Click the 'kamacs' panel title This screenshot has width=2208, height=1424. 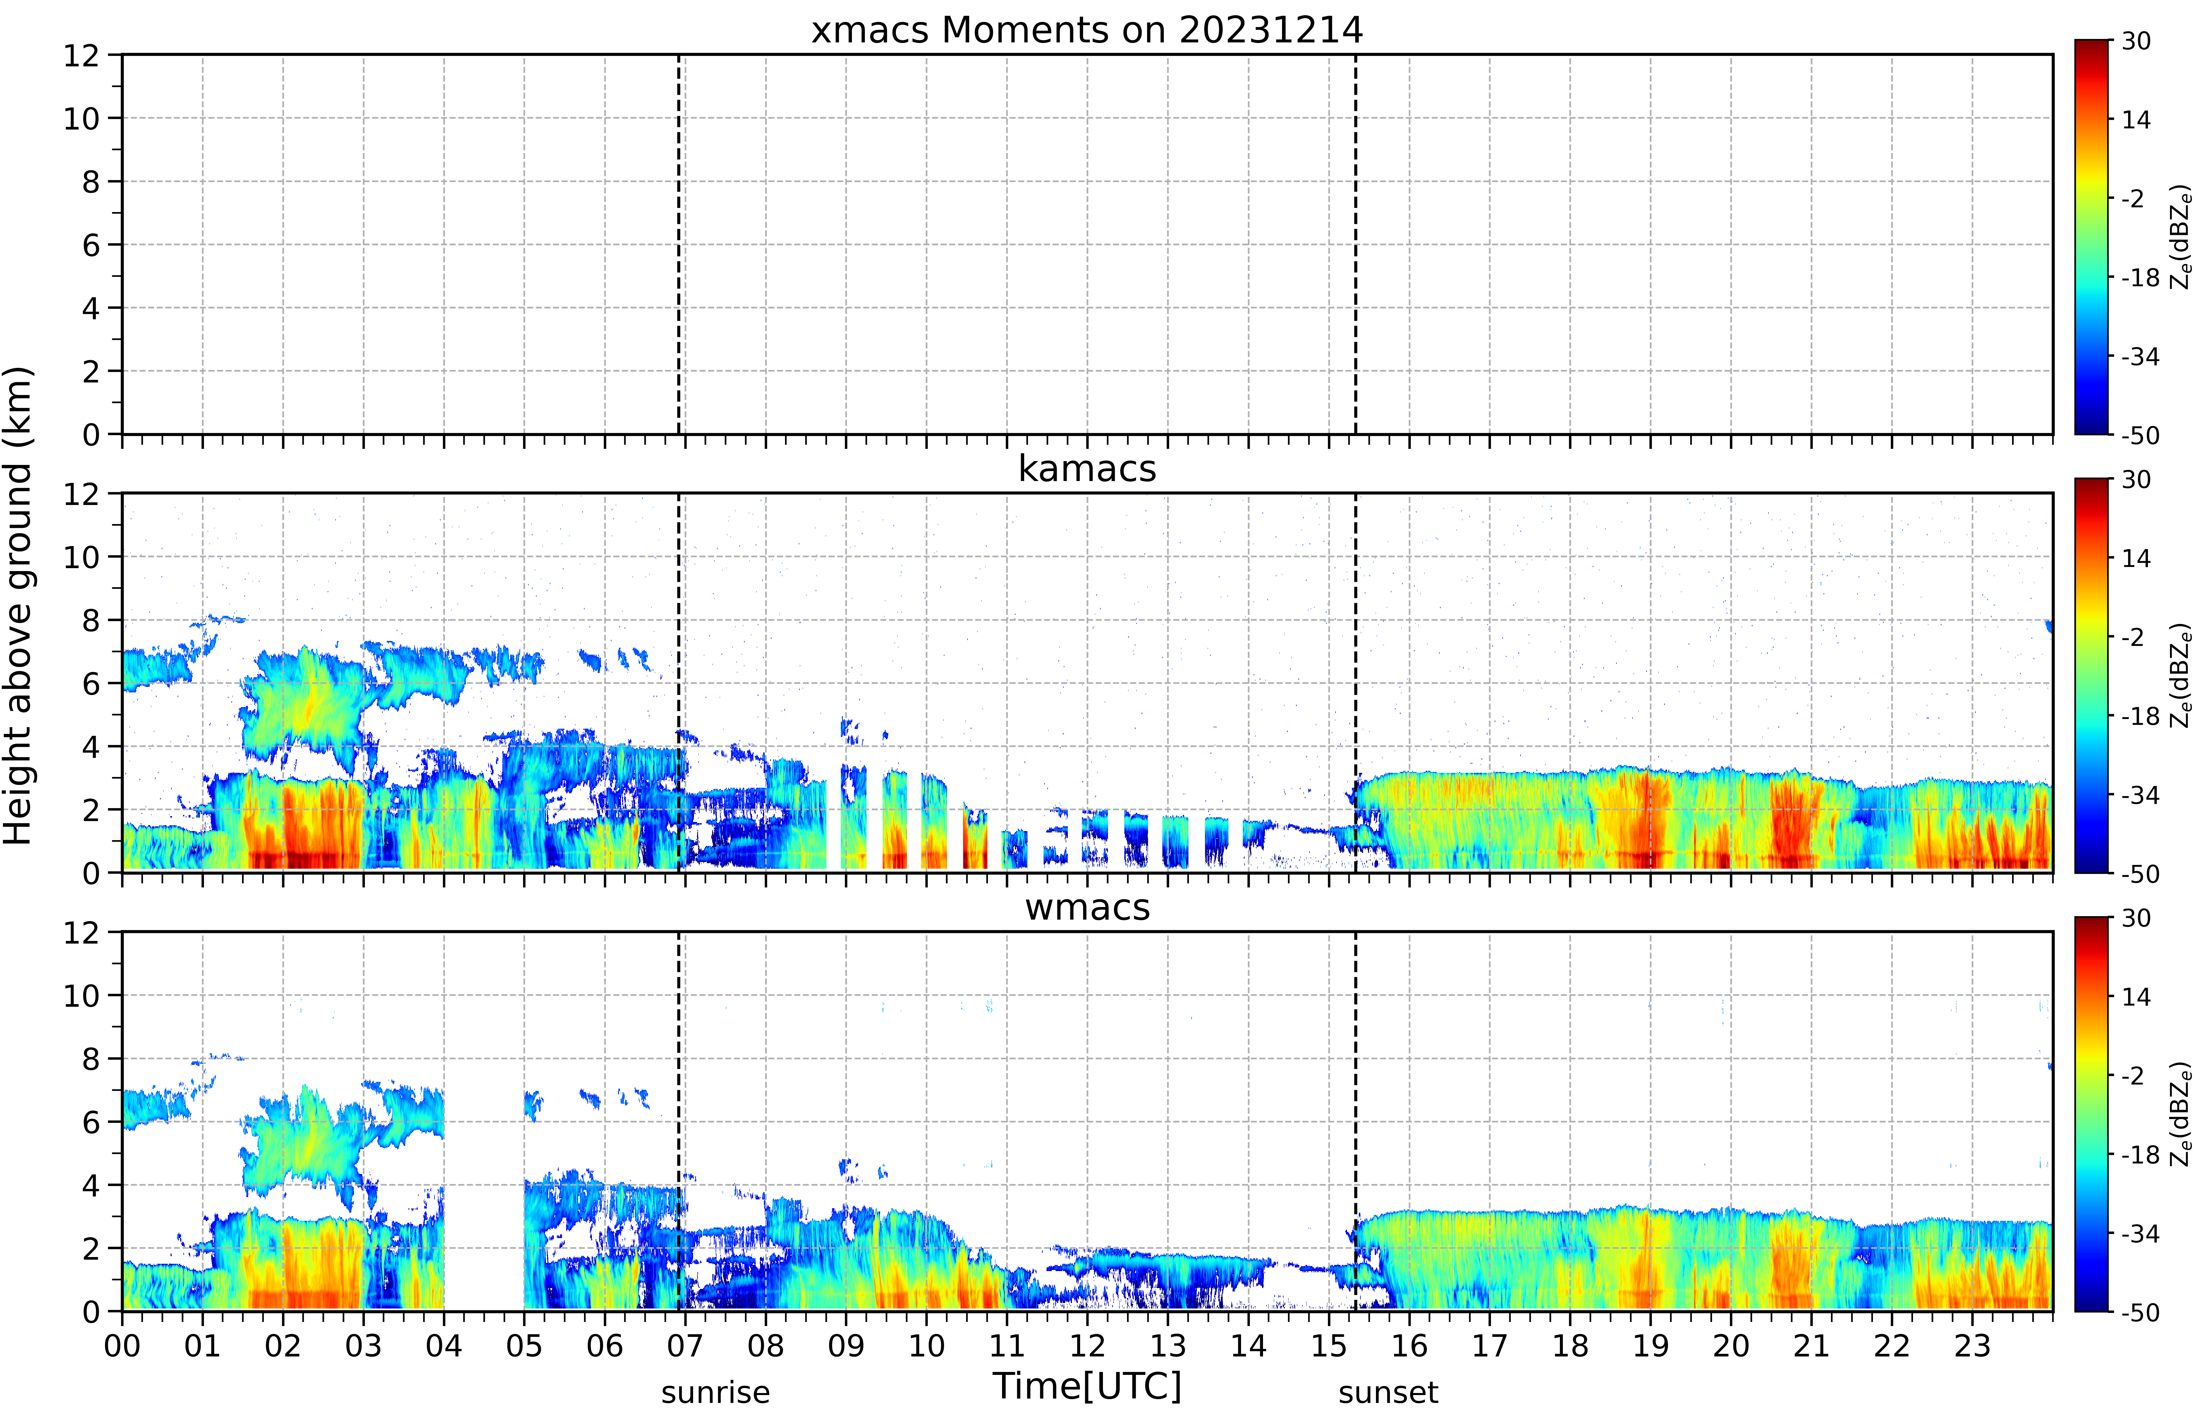pyautogui.click(x=1087, y=469)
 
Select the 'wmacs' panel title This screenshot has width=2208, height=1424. pyautogui.click(x=1087, y=907)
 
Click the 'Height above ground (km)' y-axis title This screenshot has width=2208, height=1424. pyautogui.click(x=18, y=606)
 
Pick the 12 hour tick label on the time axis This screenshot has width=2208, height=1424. pyautogui.click(x=1087, y=1345)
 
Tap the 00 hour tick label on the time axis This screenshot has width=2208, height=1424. pyautogui.click(x=122, y=1345)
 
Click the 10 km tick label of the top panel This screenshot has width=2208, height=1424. pyautogui.click(x=81, y=118)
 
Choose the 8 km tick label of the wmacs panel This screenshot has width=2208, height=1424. pyautogui.click(x=91, y=1059)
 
